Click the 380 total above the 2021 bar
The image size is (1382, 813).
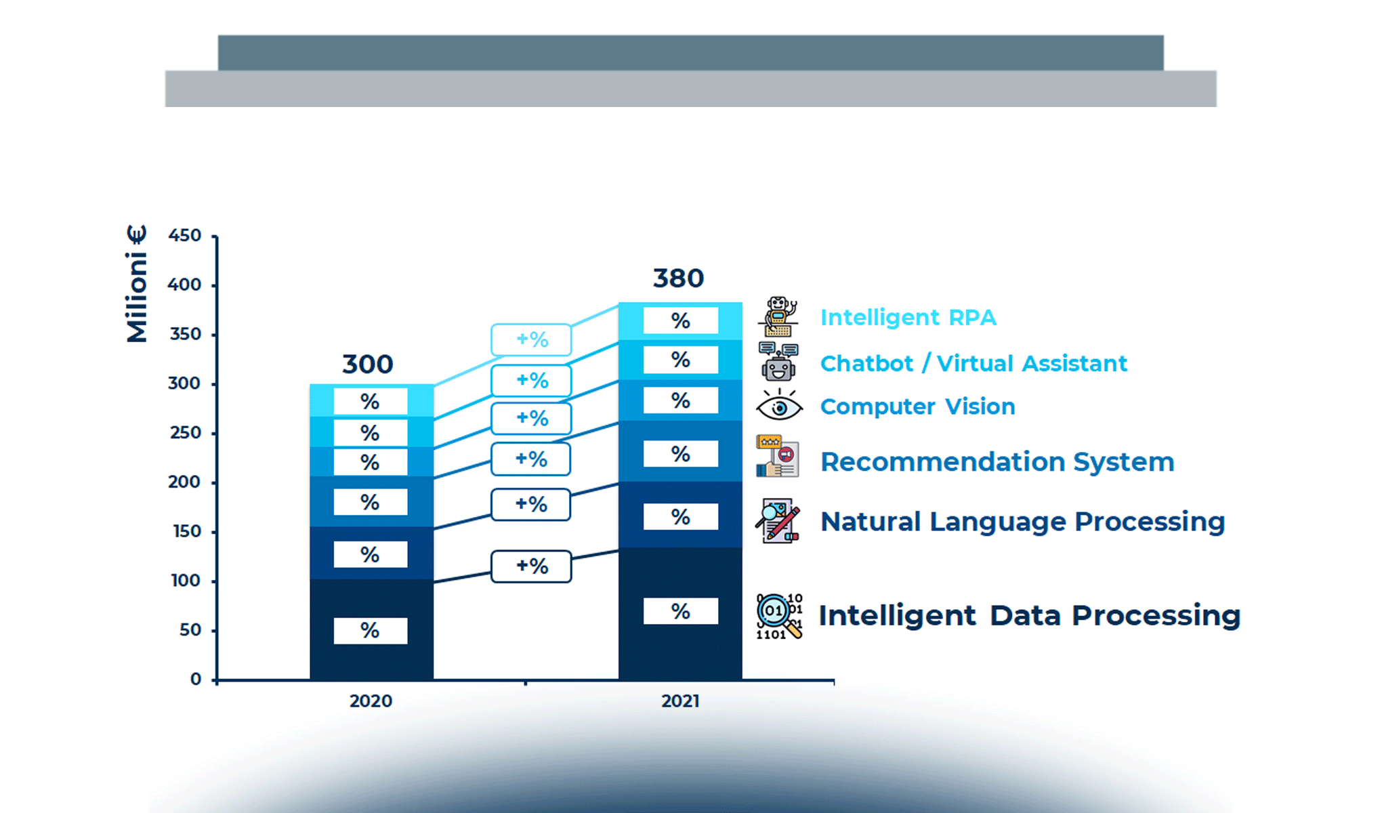coord(678,278)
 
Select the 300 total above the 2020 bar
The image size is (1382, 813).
coord(367,364)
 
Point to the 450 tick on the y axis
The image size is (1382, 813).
coord(185,235)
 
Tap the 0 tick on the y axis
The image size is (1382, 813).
coord(196,679)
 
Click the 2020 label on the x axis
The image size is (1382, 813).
coord(371,701)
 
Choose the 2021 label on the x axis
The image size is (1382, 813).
coord(680,701)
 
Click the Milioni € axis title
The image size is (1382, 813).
coord(137,284)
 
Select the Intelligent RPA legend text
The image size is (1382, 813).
coord(908,317)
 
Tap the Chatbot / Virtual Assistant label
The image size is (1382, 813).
coord(973,363)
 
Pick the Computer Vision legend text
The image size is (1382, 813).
coord(917,406)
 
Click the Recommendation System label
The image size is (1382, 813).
coord(997,461)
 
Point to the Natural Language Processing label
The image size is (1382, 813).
coord(1022,522)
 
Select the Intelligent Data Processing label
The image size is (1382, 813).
coord(1029,615)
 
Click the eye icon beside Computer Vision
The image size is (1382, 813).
coord(779,406)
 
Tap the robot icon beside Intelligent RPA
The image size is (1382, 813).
coord(779,316)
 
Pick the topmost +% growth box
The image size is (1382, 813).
coord(531,339)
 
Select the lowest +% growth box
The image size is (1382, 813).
coord(531,566)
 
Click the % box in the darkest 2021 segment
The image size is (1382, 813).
coord(680,611)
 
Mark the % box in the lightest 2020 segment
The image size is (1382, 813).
coord(370,402)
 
